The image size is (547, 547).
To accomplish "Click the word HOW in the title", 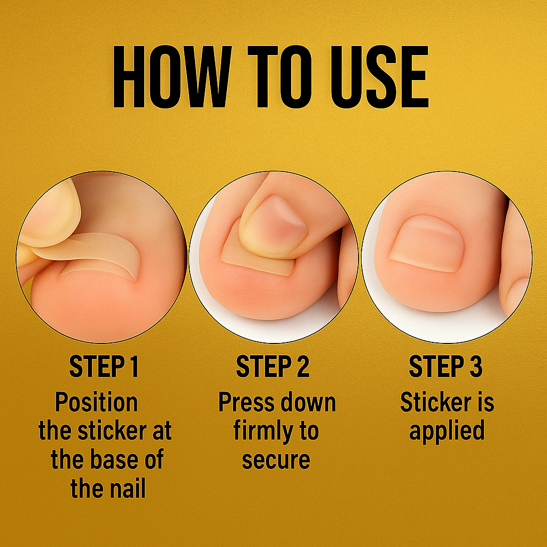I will coord(170,78).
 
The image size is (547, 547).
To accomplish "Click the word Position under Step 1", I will coord(96,402).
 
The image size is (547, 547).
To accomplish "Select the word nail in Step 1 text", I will coord(126,489).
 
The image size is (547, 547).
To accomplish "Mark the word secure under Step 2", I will coord(276,460).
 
